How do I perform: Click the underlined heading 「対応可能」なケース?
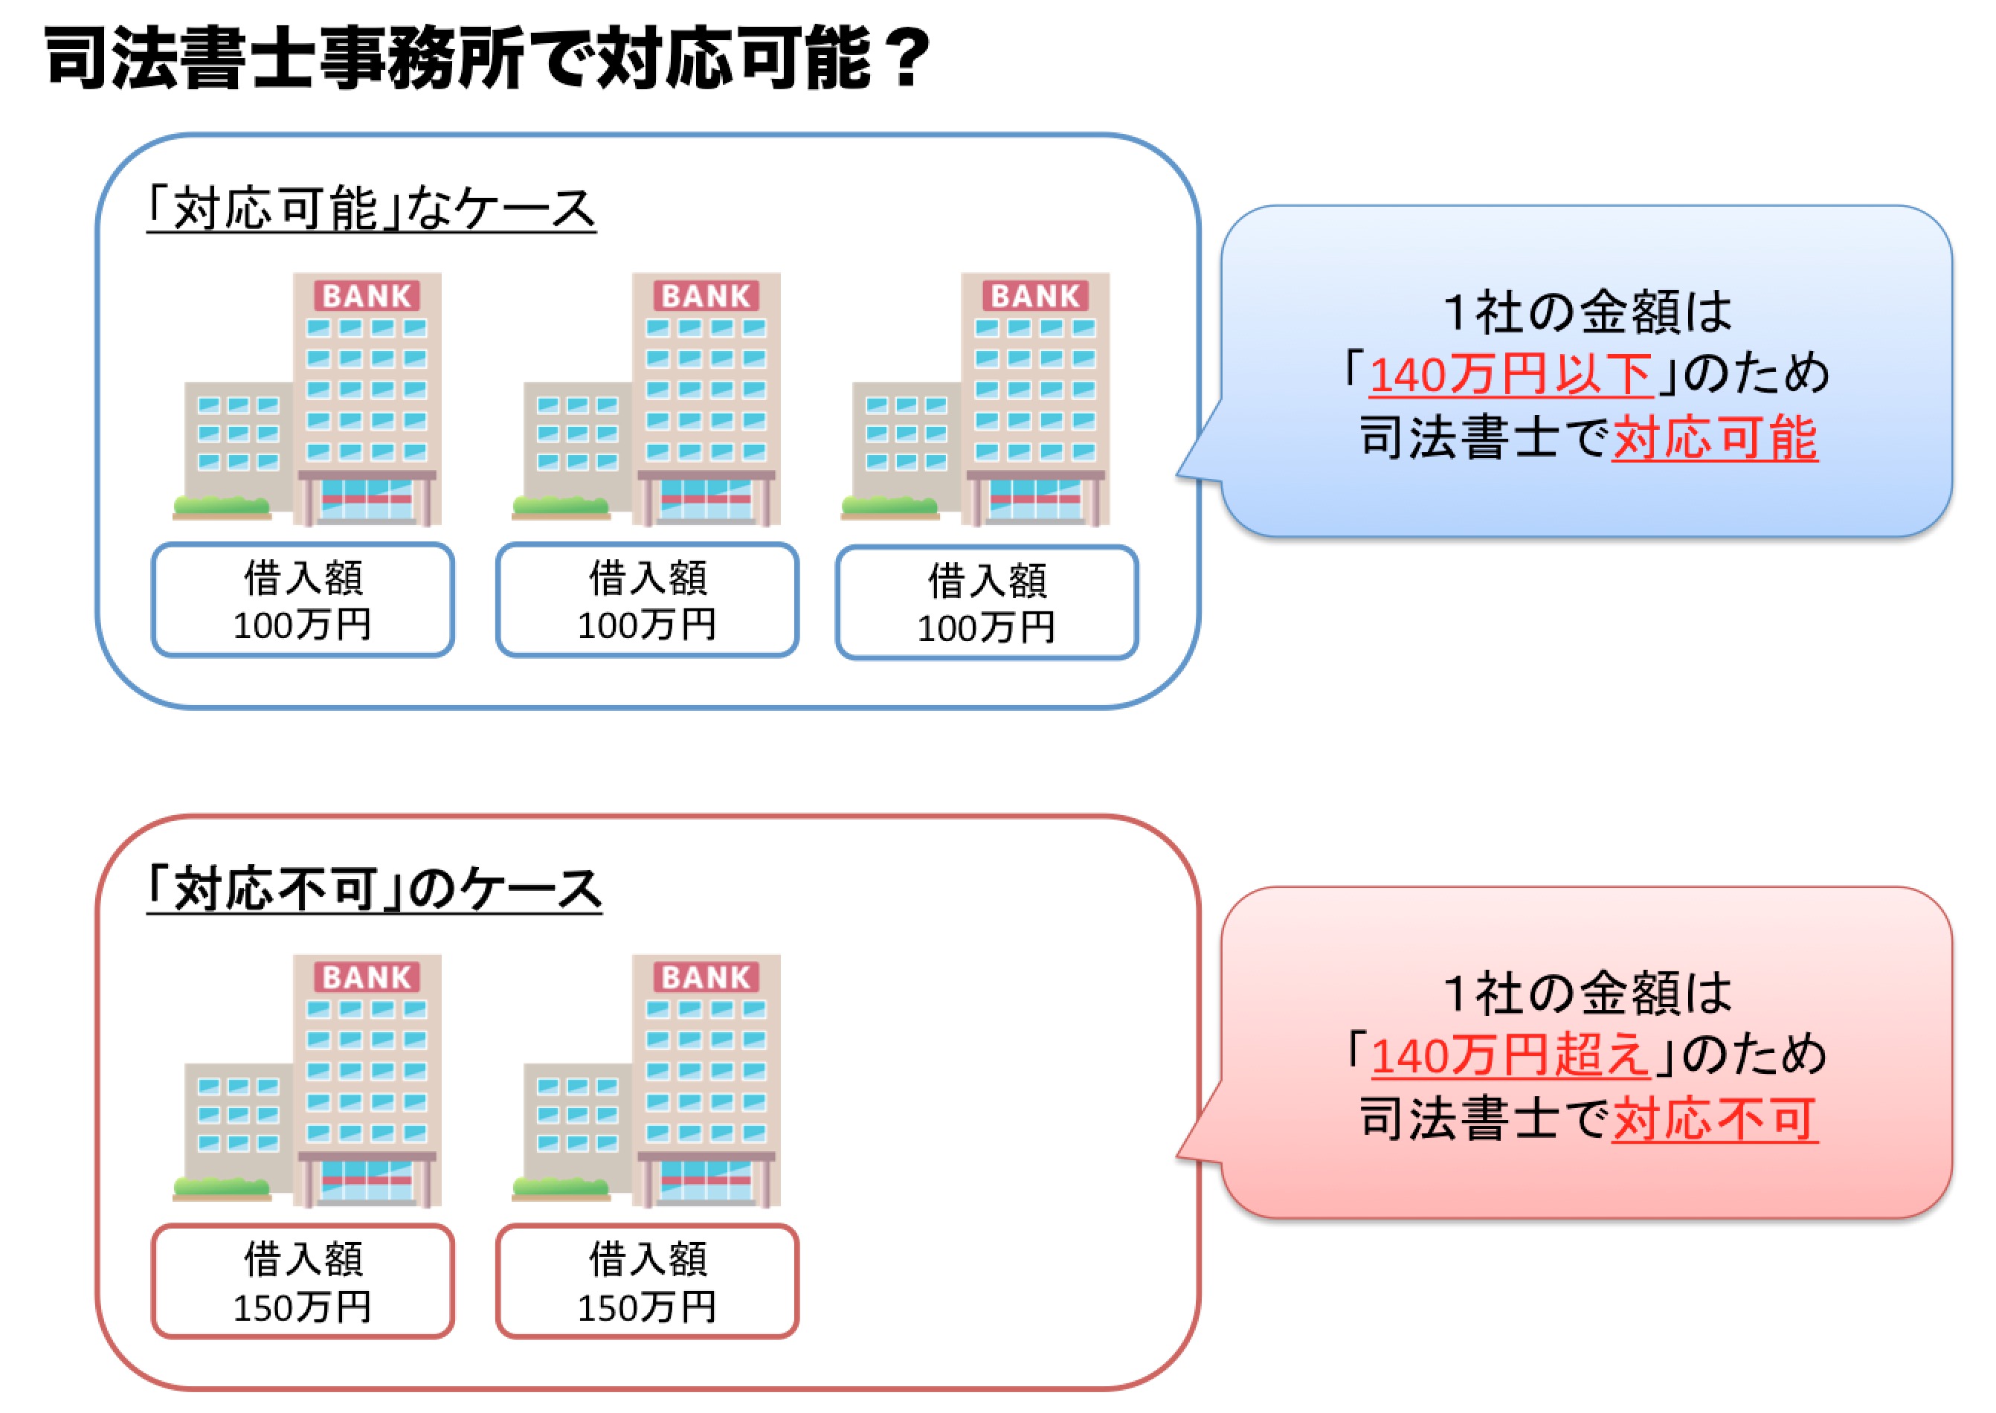pos(372,209)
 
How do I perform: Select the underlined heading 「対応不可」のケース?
pos(374,890)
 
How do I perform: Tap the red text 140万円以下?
pos(1510,374)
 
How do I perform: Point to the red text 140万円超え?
pos(1510,1055)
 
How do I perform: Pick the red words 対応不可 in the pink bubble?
pos(1714,1119)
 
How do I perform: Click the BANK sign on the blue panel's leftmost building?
pos(367,296)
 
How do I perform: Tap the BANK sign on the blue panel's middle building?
pos(706,296)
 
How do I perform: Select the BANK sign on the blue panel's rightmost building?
pos(1034,296)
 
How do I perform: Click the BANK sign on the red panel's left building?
pos(367,977)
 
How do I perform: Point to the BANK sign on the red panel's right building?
pos(706,977)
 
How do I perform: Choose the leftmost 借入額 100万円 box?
pos(303,599)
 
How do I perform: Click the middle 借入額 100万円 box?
pos(647,599)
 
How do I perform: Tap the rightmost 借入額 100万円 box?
pos(987,602)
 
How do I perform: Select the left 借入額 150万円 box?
pos(303,1281)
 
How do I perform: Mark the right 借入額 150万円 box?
pos(647,1281)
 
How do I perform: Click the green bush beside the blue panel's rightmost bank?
pos(889,505)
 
